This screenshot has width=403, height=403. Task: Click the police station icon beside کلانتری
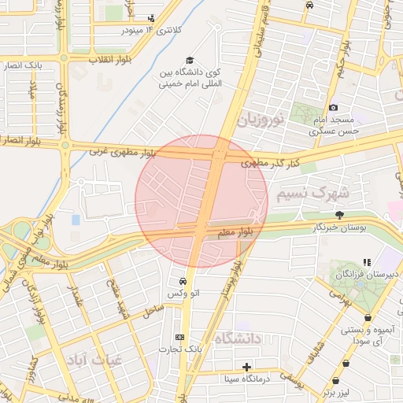tap(151, 19)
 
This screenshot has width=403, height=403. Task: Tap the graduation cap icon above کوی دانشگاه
tap(189, 61)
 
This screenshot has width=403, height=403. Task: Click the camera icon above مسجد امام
tap(334, 107)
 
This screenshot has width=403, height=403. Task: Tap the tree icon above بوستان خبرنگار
tap(339, 215)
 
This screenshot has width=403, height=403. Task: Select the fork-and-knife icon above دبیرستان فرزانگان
tap(366, 262)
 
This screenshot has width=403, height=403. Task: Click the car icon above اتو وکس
tap(183, 281)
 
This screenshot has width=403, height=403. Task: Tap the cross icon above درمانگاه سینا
tap(247, 367)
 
